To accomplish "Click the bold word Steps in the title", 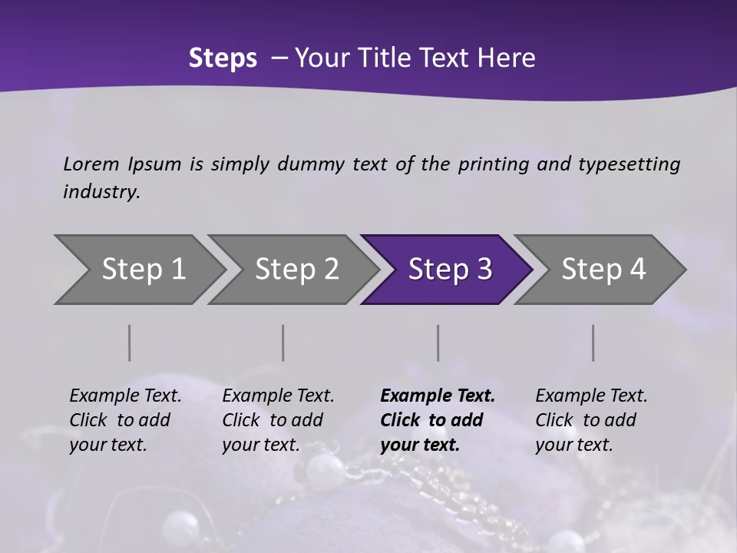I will [223, 58].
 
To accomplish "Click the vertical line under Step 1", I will [129, 343].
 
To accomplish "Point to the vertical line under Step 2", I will [283, 343].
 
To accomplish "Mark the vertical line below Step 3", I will [438, 343].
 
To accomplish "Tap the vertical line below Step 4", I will [593, 343].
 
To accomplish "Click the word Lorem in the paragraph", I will [91, 164].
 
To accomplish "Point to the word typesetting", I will [629, 164].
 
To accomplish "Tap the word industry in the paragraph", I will [101, 192].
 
